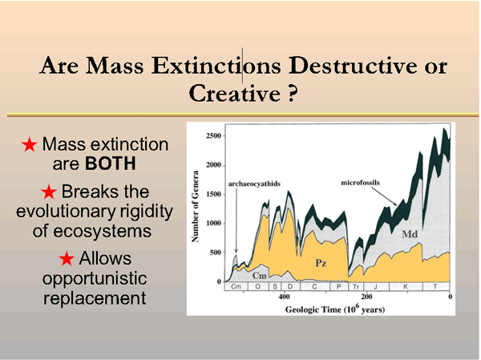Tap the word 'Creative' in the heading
(229, 92)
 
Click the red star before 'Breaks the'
(49, 192)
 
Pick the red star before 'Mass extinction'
(30, 145)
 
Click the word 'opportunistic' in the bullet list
(95, 279)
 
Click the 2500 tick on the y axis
(210, 136)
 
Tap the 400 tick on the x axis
(285, 297)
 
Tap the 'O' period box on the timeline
(257, 286)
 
